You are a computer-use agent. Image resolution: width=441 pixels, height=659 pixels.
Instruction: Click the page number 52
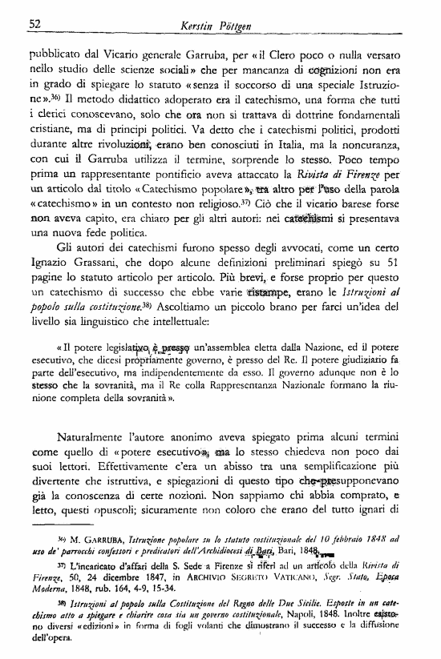35,23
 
